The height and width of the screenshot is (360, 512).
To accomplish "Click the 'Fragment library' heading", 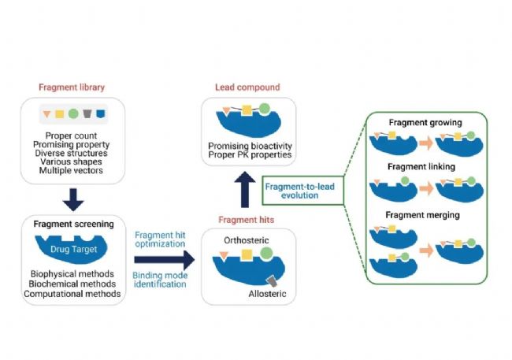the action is (x=72, y=87).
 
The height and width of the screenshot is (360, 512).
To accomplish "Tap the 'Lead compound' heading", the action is (x=247, y=87).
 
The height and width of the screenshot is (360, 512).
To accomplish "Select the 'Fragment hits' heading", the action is (x=247, y=220).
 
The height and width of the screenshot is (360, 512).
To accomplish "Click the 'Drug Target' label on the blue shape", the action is (x=74, y=249).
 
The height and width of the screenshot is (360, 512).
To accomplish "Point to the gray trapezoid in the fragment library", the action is (x=87, y=113).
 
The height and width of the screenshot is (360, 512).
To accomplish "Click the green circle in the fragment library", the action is (x=73, y=113).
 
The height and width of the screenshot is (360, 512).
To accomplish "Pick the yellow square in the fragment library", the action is (x=59, y=114).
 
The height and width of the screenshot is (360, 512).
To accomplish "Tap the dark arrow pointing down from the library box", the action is (x=73, y=199).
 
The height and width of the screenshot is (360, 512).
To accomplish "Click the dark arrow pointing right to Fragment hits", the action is (x=165, y=260).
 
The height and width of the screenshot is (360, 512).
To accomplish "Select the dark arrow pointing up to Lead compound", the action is (x=245, y=190).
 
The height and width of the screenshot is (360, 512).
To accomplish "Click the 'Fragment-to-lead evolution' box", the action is (x=303, y=191).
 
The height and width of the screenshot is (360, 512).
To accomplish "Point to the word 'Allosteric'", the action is (x=267, y=294).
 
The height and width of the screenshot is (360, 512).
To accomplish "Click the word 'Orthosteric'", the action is (x=247, y=240).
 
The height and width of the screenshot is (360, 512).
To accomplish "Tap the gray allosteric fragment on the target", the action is (x=272, y=281).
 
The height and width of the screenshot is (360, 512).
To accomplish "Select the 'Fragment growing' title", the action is (x=425, y=123).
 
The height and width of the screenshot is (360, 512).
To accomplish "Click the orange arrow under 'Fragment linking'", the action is (x=426, y=188).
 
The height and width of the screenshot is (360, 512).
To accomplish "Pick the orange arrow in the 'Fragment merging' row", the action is (x=426, y=251).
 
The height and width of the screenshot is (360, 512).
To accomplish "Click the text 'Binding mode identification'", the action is (x=160, y=280).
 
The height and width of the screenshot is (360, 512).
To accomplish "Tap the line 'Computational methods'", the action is (x=72, y=294).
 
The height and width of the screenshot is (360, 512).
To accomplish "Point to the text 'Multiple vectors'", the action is (x=71, y=170).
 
